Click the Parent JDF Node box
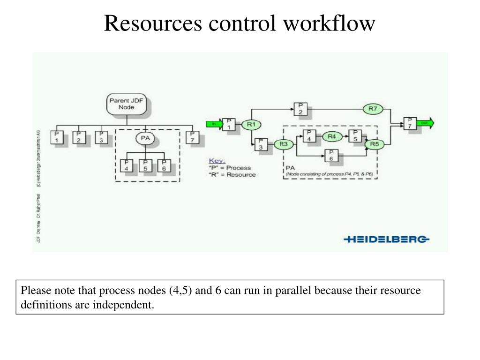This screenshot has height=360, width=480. (122, 104)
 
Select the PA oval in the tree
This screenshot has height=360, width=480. (145, 138)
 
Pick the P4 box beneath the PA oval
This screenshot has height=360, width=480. (127, 165)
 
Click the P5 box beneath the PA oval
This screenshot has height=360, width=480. (145, 165)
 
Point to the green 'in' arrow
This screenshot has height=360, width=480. (214, 124)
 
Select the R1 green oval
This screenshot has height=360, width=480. (251, 125)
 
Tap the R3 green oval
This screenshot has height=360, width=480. (283, 144)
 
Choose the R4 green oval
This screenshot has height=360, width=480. (332, 136)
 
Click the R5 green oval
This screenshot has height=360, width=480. (374, 144)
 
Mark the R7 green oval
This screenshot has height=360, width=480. (373, 109)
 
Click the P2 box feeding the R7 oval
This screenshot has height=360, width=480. (300, 108)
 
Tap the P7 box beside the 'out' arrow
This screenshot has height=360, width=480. (409, 124)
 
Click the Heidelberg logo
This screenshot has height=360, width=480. (386, 240)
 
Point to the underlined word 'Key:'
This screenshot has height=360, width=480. (217, 160)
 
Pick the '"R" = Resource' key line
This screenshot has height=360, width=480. (232, 174)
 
